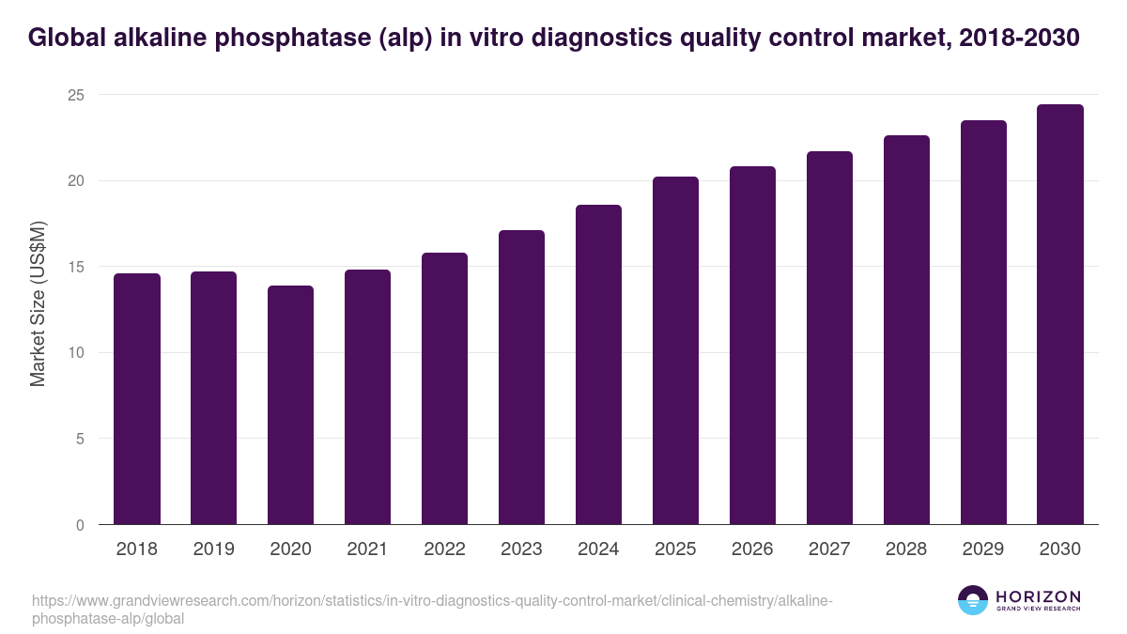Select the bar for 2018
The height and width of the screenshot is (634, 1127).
coord(137,399)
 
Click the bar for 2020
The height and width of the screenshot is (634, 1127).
coord(290,405)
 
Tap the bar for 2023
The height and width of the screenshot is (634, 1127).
coord(521,378)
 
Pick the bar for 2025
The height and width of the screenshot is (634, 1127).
coord(675,350)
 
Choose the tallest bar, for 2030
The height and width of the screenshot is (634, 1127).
coord(1060,315)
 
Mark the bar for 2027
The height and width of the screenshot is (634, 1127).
coord(829,338)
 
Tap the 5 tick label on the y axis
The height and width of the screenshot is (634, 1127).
coord(80,439)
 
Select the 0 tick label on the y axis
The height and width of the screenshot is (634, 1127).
coord(80,525)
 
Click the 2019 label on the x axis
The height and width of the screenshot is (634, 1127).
coord(214,549)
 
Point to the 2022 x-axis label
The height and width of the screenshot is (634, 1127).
coord(444,549)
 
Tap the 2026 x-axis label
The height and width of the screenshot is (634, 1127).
coord(752,549)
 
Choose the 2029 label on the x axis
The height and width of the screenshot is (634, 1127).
coord(983,549)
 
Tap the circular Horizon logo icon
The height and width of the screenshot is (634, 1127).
coord(973,600)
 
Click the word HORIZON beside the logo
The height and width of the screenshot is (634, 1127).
coord(1038,596)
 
